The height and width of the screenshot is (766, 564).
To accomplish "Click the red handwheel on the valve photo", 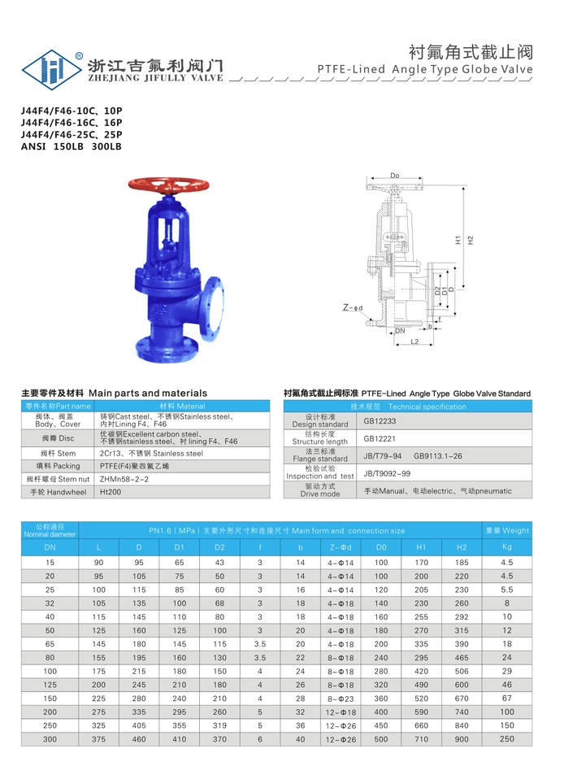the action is point(168,185).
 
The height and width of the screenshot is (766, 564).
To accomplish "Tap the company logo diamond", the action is point(51,69).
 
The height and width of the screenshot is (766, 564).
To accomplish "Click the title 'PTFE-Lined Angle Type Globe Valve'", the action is point(425,69).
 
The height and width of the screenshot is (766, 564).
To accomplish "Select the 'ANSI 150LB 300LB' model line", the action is point(72,146).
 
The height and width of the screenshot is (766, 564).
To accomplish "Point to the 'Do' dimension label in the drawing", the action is point(394,176).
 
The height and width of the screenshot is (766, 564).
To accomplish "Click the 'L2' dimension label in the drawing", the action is point(414,342).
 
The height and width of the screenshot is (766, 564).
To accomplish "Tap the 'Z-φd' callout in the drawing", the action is point(353,307).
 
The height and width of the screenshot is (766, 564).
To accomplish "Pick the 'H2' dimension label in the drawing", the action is point(471,241).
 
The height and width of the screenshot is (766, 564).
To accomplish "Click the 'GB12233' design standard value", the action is point(380,421).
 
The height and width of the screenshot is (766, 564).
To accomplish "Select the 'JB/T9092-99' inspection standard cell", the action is point(387,473).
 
